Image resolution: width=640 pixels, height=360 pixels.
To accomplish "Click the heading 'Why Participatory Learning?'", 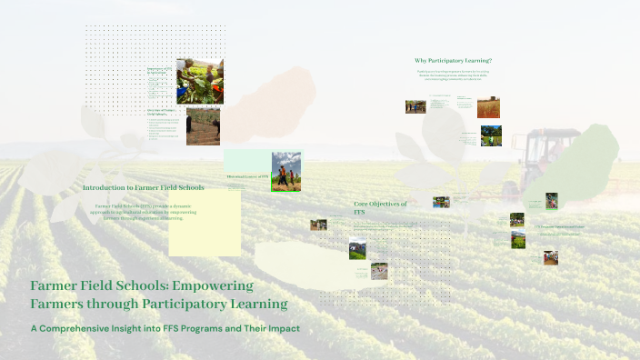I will pyautogui.click(x=453, y=61).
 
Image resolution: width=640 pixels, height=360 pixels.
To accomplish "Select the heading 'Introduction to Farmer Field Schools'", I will pyautogui.click(x=143, y=188).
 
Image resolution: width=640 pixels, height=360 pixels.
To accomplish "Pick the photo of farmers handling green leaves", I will pyautogui.click(x=199, y=81).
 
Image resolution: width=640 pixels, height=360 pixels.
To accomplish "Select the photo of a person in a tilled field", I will pyautogui.click(x=203, y=126).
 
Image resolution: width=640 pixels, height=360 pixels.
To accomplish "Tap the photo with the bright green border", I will pyautogui.click(x=285, y=172).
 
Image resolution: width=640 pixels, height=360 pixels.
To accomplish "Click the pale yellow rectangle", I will pyautogui.click(x=205, y=223).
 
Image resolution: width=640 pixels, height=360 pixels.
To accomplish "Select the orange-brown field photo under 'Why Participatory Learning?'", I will pyautogui.click(x=488, y=108).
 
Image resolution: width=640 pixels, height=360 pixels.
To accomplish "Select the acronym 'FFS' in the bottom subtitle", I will pyautogui.click(x=173, y=327).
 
